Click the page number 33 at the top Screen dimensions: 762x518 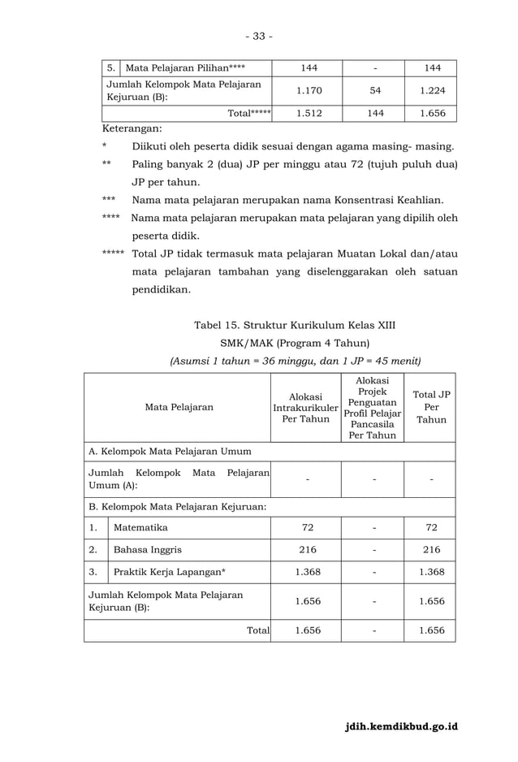tap(259, 36)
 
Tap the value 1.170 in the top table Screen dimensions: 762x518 tap(306, 91)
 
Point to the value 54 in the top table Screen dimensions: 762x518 tap(374, 91)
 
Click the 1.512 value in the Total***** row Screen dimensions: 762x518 tap(307, 114)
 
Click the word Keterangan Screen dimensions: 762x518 tap(132, 128)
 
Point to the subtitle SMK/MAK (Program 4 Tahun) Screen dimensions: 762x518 tap(295, 343)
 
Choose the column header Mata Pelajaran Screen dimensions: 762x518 tap(179, 408)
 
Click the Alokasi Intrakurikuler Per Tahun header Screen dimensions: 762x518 tap(305, 408)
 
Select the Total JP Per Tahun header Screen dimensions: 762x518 tap(431, 408)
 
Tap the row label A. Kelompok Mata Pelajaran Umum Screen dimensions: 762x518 tap(170, 452)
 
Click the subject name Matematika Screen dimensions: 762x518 tap(140, 528)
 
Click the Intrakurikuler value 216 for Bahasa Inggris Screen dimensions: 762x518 tap(307, 550)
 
